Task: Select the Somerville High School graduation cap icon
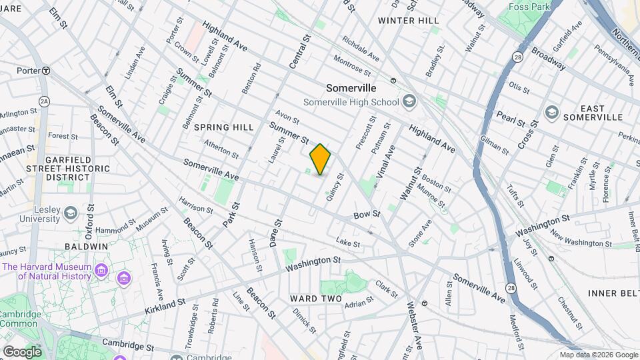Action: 408,102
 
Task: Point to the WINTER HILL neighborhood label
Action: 409,21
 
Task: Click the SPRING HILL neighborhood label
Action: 224,127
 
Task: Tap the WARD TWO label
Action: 315,299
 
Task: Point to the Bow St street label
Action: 366,215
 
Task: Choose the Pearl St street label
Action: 510,119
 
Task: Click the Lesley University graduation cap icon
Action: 69,214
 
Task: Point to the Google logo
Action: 22,351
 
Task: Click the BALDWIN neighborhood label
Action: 86,247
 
